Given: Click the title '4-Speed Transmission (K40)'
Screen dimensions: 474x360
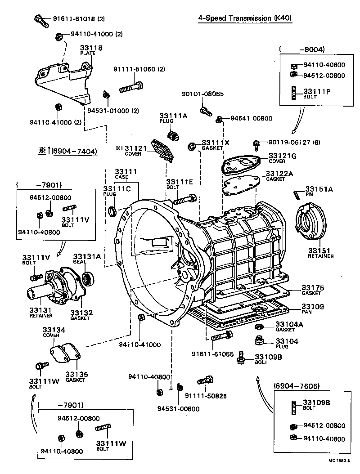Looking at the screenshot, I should (245, 18).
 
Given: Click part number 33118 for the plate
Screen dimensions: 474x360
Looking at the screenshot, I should (91, 48).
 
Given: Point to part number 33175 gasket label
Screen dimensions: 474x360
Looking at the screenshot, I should (313, 288).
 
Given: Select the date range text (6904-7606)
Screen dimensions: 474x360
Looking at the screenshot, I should (297, 386).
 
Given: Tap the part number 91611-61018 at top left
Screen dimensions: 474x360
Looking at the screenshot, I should (72, 19).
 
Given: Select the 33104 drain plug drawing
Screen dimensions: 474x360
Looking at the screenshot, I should (259, 340).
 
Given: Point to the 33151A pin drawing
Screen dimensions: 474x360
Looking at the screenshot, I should (297, 194).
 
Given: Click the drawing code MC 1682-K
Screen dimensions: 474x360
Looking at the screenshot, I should (339, 461).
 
